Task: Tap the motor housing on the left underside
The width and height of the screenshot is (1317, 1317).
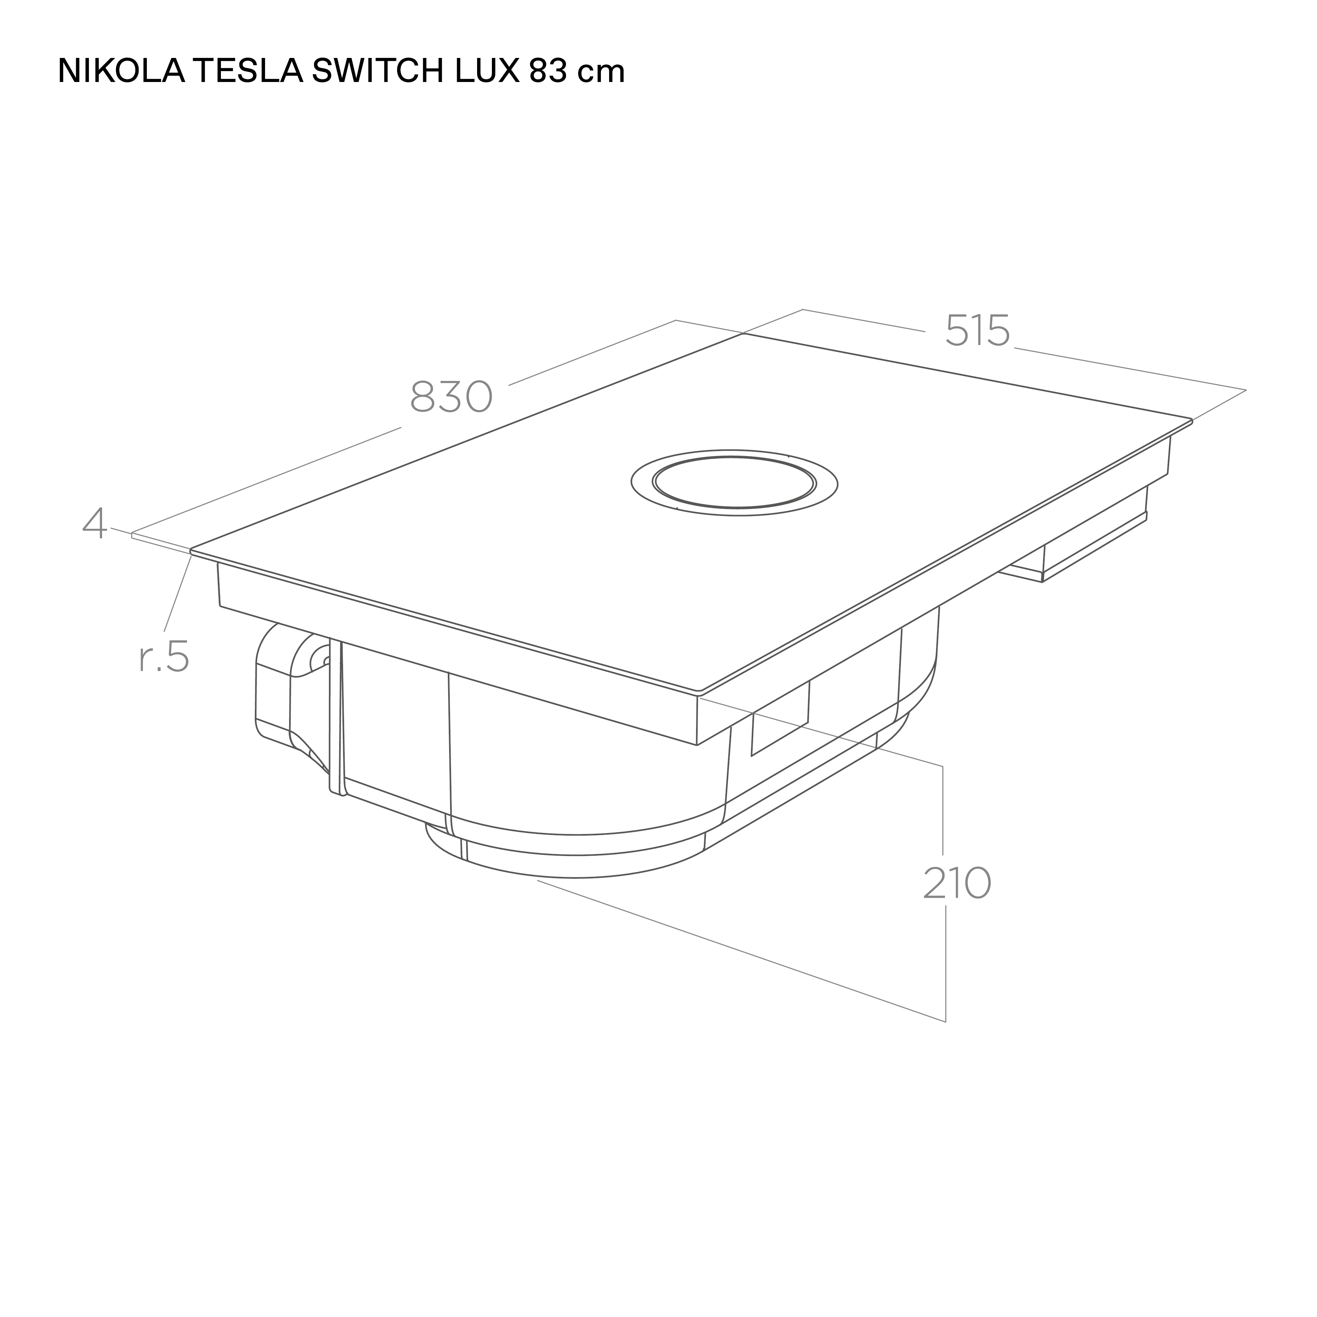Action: [x=286, y=688]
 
